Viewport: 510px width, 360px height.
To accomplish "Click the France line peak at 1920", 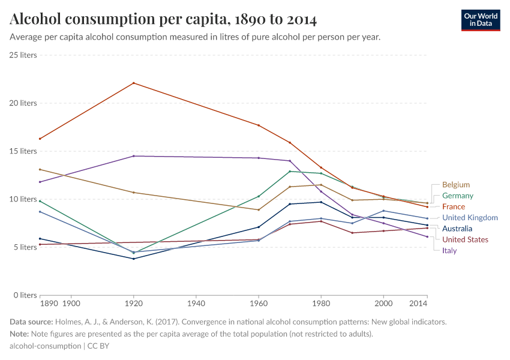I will click(x=133, y=83).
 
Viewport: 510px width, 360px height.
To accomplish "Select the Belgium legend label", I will click(x=455, y=185).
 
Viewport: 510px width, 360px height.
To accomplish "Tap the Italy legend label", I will click(x=449, y=250).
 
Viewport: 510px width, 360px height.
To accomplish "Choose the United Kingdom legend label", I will click(x=470, y=218).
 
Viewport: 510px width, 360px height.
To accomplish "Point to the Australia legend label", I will click(x=457, y=229).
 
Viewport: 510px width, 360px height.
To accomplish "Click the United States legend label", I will click(x=465, y=239).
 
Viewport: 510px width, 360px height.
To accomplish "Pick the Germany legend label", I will click(x=457, y=196).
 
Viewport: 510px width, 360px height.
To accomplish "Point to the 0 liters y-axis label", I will click(x=25, y=295).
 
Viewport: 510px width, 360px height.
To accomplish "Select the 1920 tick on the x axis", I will click(x=133, y=305).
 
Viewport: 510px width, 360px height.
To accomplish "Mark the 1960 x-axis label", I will click(x=258, y=305).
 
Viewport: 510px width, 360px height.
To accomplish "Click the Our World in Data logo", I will click(x=480, y=20).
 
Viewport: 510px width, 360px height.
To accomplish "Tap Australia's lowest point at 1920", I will click(x=133, y=259).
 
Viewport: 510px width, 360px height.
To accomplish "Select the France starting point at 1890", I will click(x=40, y=139).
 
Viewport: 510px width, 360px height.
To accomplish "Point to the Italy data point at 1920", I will click(x=133, y=156).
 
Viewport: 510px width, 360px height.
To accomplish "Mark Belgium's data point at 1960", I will click(x=258, y=210).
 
